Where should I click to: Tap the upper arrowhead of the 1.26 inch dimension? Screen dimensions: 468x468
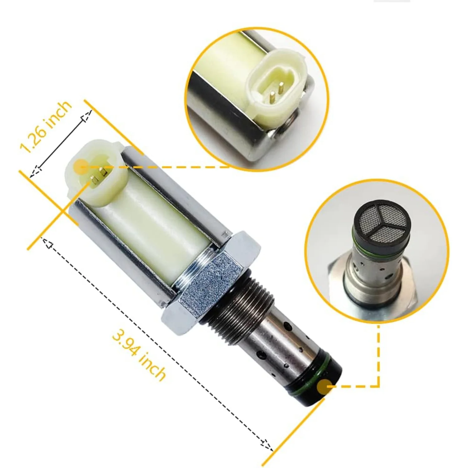click(x=88, y=116)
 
